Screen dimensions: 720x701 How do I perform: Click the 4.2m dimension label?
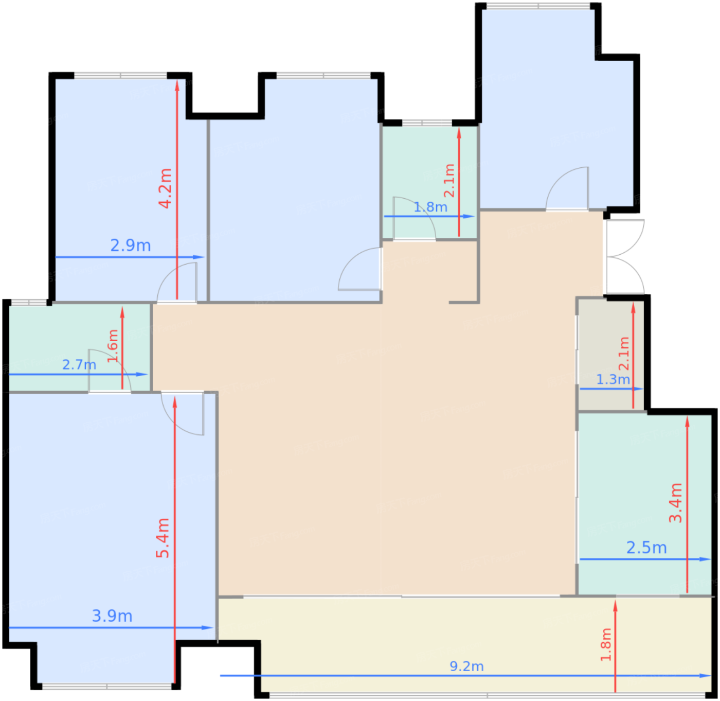click(x=165, y=188)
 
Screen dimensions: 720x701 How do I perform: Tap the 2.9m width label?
click(x=131, y=246)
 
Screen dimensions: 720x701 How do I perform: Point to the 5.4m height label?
click(x=163, y=538)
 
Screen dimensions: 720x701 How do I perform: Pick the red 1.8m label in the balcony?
click(x=606, y=645)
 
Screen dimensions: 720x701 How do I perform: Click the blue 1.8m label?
click(x=430, y=207)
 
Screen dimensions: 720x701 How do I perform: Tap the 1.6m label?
click(x=113, y=346)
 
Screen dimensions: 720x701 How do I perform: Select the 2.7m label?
click(x=79, y=365)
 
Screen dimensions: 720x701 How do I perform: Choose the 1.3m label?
click(x=613, y=379)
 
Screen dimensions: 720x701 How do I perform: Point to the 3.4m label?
click(x=675, y=502)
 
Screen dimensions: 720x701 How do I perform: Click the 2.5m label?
click(x=646, y=548)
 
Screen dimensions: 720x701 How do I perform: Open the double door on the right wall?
click(x=625, y=257)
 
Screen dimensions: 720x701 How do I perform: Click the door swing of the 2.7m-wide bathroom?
click(x=110, y=370)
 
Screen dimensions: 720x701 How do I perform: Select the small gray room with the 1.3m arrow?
click(x=611, y=355)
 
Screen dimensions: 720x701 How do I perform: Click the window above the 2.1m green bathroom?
click(x=427, y=122)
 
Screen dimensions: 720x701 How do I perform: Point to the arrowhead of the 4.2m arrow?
click(x=177, y=85)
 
